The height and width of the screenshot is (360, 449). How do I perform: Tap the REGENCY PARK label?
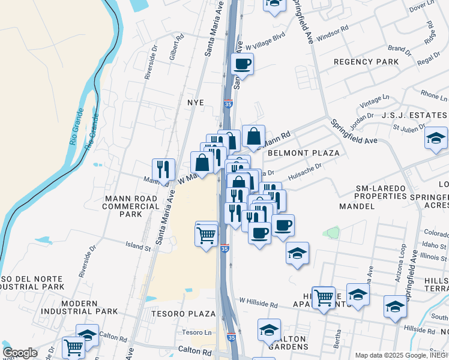[x=366, y=62]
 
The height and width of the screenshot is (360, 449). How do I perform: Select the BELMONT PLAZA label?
[x=304, y=153]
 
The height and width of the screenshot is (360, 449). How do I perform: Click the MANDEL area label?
[x=357, y=206]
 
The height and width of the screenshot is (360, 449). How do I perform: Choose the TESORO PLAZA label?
[x=183, y=314]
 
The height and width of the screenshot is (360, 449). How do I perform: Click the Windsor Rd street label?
[x=333, y=29]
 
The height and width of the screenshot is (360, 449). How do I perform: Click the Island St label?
[x=138, y=246]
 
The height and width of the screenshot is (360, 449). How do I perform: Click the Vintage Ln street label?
[x=374, y=101]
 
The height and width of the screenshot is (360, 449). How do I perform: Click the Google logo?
[x=20, y=353]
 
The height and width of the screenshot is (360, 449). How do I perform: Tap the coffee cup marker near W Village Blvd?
[x=243, y=64]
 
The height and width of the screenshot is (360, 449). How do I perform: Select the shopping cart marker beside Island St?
[x=206, y=234]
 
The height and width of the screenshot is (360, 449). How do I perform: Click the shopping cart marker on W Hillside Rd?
[x=324, y=296]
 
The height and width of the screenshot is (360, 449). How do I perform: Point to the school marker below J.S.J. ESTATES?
[x=436, y=139]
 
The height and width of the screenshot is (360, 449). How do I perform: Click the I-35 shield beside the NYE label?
[x=228, y=104]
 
